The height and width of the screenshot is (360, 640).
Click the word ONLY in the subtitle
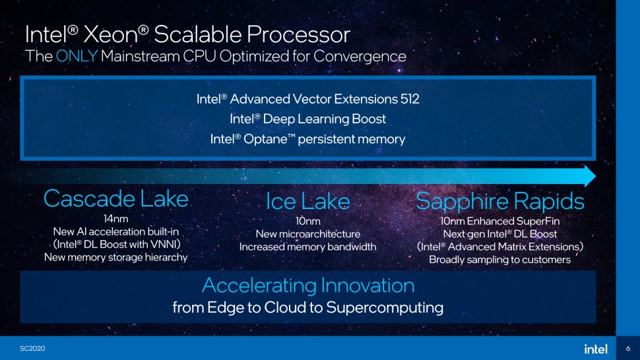click(x=77, y=56)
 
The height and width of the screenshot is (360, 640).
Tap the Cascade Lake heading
click(x=116, y=199)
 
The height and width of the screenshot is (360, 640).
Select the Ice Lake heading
click(x=307, y=201)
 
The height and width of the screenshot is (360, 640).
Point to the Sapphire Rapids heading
click(x=500, y=201)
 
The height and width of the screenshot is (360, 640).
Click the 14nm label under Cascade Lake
click(x=116, y=218)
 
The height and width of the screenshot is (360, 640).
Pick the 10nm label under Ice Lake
click(x=308, y=221)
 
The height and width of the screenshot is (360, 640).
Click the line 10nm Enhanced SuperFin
click(x=500, y=221)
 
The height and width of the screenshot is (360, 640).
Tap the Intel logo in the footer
click(x=596, y=349)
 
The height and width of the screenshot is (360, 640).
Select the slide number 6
click(x=628, y=349)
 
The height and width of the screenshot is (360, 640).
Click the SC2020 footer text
click(x=32, y=348)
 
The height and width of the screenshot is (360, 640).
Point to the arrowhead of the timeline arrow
click(x=590, y=176)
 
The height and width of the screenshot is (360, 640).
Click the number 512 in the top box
click(x=410, y=99)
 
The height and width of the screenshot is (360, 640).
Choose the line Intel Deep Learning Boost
click(x=307, y=119)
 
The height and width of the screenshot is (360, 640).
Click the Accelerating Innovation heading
click(x=308, y=285)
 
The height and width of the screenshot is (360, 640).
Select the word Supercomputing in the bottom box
click(x=385, y=307)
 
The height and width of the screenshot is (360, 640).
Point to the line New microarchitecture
click(x=308, y=234)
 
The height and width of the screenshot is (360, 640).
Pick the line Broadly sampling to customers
click(x=500, y=260)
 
